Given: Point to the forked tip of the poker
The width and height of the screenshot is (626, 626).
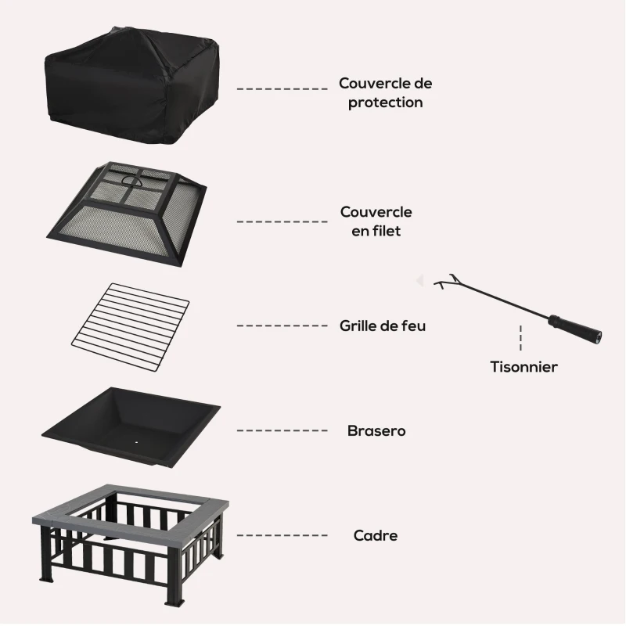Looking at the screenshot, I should pos(446,280).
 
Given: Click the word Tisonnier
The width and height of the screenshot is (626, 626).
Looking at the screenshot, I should pos(523,366).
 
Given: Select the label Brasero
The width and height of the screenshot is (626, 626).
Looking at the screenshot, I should pos(376,430).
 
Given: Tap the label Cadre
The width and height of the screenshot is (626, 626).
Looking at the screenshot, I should pos(376,536).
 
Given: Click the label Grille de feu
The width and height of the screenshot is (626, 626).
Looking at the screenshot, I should pos(383,326).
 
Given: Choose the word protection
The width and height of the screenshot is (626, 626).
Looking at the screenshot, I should pos(386,103).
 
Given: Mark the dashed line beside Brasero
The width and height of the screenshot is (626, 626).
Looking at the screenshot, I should pos(282,430).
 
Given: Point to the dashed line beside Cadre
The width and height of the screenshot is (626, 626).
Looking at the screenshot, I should pos(282,536).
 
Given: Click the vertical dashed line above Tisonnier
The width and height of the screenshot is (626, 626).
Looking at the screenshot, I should pos(520,338).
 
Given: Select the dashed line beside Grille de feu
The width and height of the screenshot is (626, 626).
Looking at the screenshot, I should pos(282,326).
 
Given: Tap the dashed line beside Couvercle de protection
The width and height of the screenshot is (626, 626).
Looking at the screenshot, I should pos(282,89).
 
